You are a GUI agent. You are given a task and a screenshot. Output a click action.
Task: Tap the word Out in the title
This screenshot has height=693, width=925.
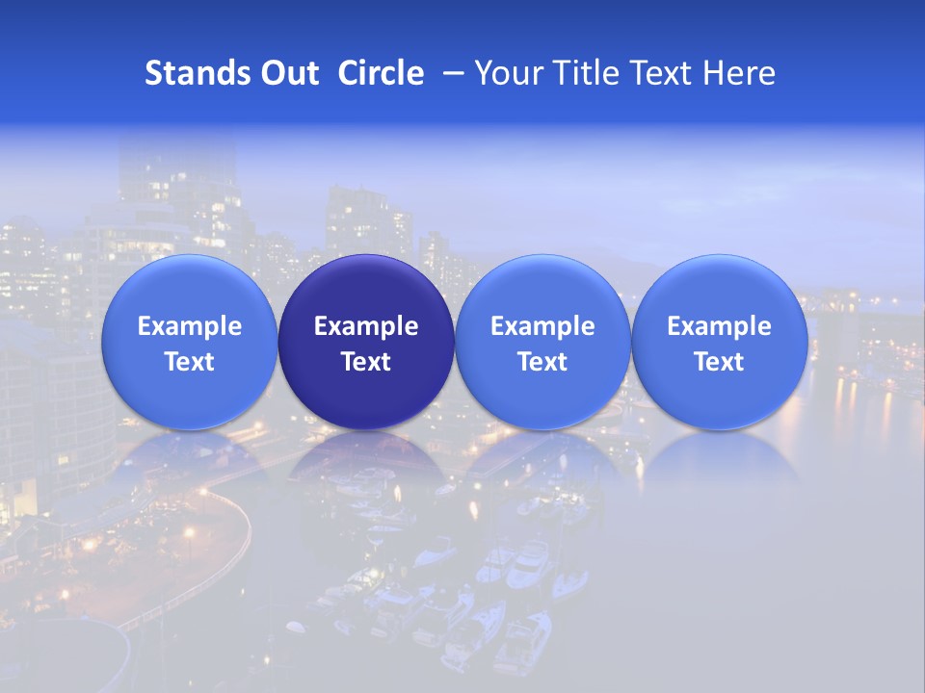[x=287, y=73]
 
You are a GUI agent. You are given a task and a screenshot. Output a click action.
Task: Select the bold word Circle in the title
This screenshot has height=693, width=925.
[x=381, y=73]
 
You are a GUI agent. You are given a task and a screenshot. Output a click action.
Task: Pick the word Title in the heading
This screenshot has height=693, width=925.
[x=585, y=73]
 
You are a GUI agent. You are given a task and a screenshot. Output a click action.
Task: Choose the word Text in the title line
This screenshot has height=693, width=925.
[x=665, y=73]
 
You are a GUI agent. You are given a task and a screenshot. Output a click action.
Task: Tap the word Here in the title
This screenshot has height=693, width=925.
[x=740, y=73]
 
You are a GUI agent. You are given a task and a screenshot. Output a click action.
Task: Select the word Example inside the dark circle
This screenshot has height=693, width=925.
[x=366, y=326]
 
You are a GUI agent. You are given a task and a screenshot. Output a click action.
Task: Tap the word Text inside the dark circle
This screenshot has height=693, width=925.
[x=366, y=362]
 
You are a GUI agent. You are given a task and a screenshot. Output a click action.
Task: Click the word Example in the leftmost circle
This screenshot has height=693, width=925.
[x=190, y=326]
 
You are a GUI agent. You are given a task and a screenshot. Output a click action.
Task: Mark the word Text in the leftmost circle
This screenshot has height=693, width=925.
[x=190, y=362]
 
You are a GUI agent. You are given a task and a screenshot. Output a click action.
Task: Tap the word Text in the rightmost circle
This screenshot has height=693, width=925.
[x=719, y=362]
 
